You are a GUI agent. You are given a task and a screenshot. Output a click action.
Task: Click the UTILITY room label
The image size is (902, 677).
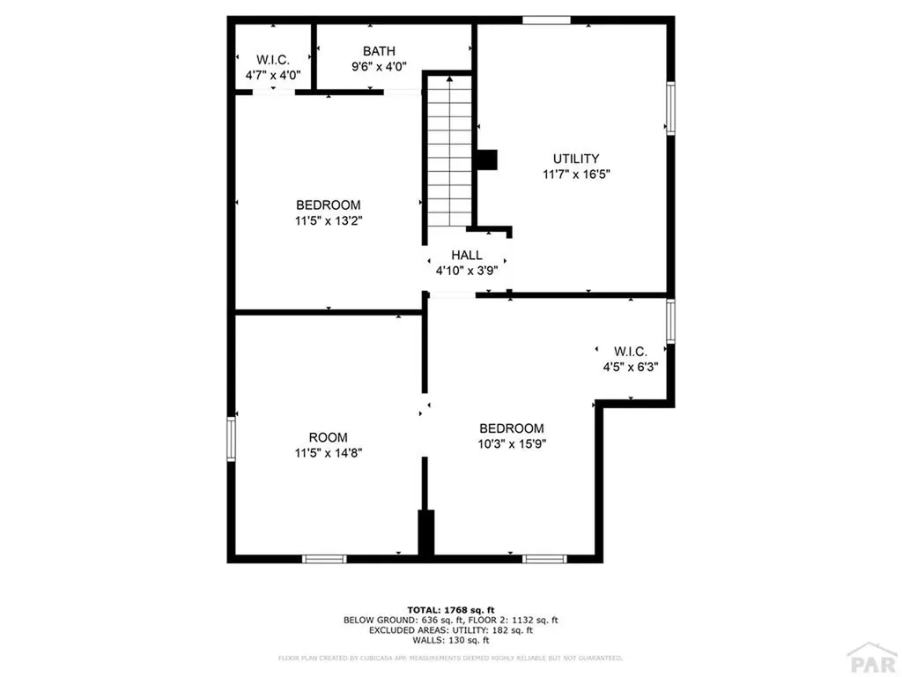(576, 159)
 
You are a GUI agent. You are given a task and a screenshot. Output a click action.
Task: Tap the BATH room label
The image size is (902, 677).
(379, 51)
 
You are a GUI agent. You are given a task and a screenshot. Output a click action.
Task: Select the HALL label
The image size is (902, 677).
(467, 255)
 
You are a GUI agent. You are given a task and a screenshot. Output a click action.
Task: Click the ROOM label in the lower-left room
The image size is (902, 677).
(328, 437)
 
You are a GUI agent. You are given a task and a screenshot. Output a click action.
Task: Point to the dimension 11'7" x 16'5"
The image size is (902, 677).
(576, 175)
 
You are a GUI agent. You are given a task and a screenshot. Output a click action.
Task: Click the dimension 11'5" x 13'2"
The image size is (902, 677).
(328, 221)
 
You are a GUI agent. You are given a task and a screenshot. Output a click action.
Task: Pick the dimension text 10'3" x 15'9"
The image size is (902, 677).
(512, 444)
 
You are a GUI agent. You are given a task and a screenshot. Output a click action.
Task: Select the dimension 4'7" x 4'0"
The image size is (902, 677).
(273, 76)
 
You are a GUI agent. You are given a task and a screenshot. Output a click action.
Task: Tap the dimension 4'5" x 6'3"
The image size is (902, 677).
(631, 367)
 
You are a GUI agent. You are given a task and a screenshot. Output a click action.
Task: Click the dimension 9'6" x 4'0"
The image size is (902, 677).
(379, 67)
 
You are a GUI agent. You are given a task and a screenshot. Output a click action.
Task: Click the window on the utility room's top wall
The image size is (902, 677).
(546, 20)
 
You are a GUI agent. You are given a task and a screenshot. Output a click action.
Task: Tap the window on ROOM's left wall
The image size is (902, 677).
(232, 439)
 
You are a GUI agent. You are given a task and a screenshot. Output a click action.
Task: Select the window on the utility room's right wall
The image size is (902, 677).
(670, 108)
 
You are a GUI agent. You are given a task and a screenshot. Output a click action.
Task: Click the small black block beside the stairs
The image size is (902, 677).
(486, 160)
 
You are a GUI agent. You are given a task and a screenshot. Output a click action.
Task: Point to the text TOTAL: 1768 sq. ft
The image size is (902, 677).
(451, 609)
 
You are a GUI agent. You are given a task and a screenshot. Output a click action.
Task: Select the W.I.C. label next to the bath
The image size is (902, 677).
(273, 60)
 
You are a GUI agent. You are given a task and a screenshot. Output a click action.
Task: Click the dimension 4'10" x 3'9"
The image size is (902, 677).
(467, 271)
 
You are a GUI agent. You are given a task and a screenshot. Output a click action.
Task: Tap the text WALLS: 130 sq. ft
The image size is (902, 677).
(451, 641)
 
